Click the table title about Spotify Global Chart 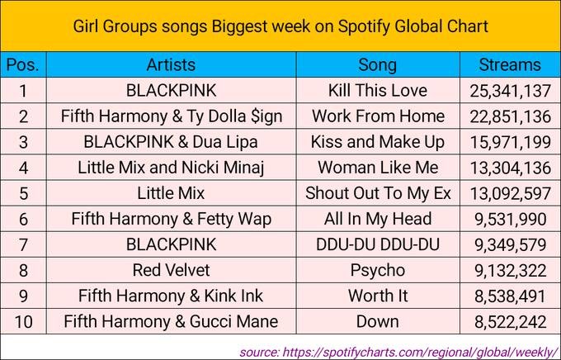coord(280,26)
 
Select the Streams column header coord(511,64)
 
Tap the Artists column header coord(171,64)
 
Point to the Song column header coord(377,64)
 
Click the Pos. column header coord(24,64)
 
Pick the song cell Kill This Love coord(377,90)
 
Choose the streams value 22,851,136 coord(511,116)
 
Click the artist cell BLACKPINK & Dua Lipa coord(171,141)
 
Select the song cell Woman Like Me coord(377,168)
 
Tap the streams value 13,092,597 coord(511,193)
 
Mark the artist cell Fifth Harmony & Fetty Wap coord(171,219)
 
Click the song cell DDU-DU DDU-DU coord(377,244)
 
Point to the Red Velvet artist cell coord(171,270)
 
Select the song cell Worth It coord(377,296)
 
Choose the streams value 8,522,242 coord(511,321)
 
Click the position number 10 coord(24,321)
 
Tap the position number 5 coord(24,193)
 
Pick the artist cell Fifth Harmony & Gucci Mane coord(171,321)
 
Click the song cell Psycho coord(377,270)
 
